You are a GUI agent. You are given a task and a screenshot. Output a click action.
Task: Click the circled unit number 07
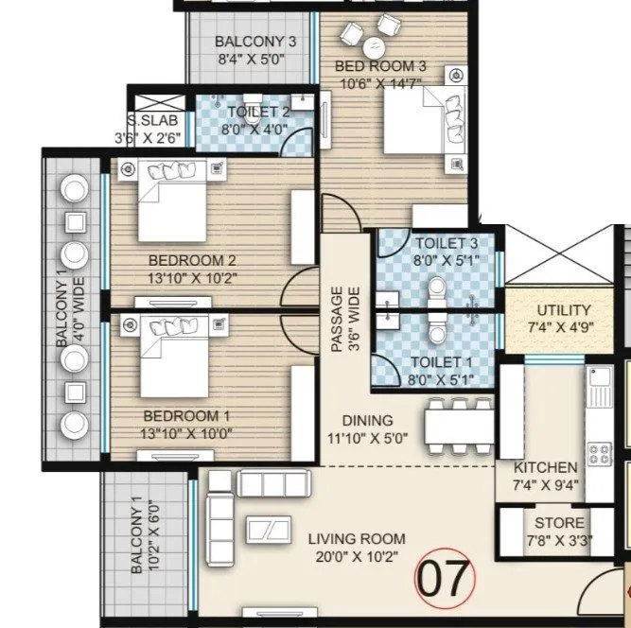[444, 576]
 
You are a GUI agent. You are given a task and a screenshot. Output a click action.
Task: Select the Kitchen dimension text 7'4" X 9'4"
[545, 487]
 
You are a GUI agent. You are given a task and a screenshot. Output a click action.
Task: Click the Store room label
[559, 522]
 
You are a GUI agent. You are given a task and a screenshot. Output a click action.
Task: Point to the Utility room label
[564, 310]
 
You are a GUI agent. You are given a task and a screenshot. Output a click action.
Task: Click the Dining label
[369, 421]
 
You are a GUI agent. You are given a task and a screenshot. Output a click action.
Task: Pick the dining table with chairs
[459, 424]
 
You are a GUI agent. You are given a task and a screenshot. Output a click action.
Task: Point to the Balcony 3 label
[248, 42]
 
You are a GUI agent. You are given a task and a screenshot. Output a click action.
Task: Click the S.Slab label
[159, 120]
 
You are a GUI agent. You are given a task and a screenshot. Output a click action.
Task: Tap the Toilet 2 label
[252, 113]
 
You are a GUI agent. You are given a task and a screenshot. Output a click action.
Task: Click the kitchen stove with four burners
[600, 452]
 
